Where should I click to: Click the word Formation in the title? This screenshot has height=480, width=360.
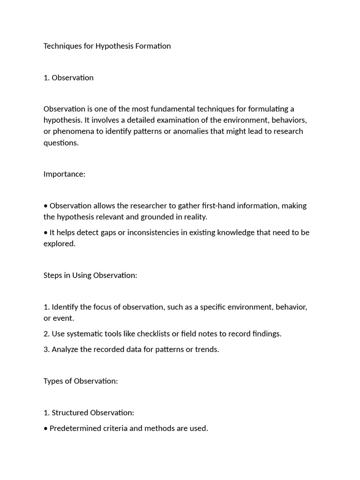[x=153, y=46]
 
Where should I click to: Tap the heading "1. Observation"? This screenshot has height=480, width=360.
[x=68, y=78]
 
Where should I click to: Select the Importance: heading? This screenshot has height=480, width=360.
[x=64, y=174]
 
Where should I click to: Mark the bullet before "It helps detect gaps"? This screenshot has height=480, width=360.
[x=45, y=232]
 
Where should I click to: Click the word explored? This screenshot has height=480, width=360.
[x=59, y=244]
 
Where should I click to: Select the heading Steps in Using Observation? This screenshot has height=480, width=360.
[x=90, y=275]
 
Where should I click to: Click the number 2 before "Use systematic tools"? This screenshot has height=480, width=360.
[x=46, y=334]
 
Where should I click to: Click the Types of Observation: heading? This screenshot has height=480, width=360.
[x=81, y=381]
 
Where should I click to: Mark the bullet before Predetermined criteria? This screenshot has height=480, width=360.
[x=45, y=428]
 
